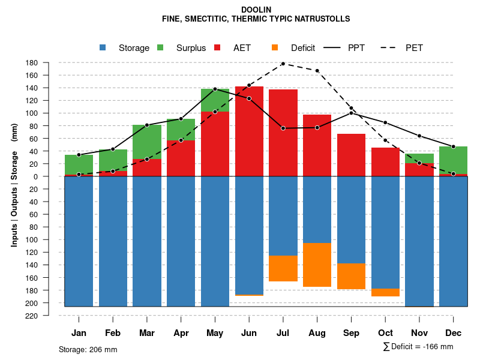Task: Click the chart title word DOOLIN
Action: (x=256, y=10)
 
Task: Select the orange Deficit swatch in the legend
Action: (x=275, y=47)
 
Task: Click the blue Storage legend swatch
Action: (x=103, y=47)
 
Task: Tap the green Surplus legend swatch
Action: (x=160, y=47)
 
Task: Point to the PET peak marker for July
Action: (x=283, y=63)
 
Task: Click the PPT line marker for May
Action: (x=215, y=89)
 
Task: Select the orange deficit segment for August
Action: (x=317, y=265)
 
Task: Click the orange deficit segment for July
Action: (x=283, y=268)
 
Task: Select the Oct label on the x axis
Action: (x=385, y=333)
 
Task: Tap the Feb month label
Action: (x=113, y=333)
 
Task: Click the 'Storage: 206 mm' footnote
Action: (x=88, y=349)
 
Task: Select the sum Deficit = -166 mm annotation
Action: (x=418, y=347)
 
